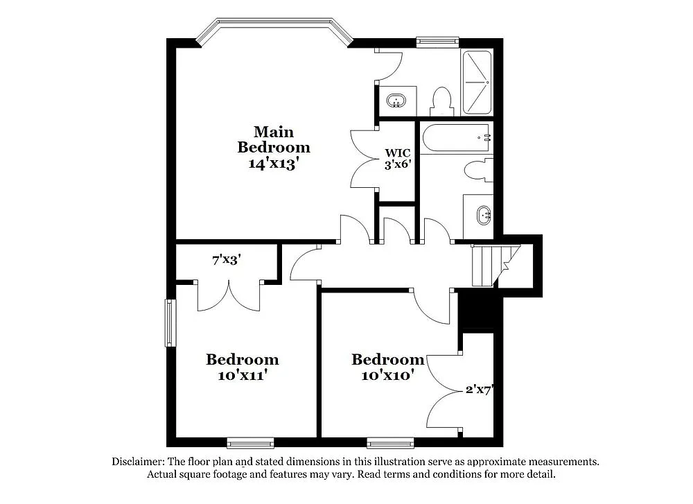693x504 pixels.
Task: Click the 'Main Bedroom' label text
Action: pos(273,139)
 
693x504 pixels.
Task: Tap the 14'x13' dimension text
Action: pos(273,164)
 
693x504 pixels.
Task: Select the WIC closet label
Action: pos(398,153)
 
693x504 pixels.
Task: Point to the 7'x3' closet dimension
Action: pos(227,260)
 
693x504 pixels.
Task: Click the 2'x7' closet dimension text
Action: pos(478,390)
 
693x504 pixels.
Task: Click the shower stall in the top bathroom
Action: pos(477,82)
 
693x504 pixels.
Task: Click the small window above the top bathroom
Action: pos(437,42)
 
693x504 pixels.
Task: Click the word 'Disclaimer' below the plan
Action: pos(138,462)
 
